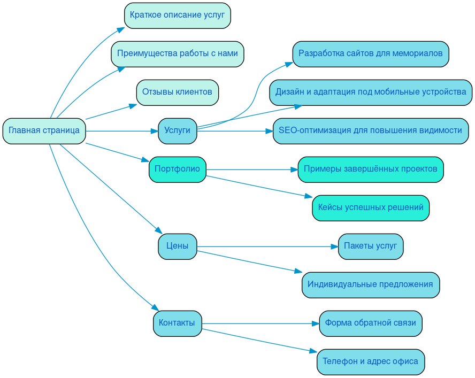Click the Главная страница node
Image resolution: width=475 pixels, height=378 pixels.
44,130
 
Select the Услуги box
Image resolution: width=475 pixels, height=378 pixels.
177,130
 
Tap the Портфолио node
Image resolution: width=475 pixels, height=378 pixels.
177,169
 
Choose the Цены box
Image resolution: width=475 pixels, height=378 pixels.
177,246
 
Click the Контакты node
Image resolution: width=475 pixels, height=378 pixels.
177,323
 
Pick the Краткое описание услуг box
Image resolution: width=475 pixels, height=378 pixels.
177,15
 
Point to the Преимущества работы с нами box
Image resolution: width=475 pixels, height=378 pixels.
177,53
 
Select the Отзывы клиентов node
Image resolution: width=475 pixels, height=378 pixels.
177,92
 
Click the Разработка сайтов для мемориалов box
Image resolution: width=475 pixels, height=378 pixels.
370,53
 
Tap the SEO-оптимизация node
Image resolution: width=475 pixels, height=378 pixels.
370,130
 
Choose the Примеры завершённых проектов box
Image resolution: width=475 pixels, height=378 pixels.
370,169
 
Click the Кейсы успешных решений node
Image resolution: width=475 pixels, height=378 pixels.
370,207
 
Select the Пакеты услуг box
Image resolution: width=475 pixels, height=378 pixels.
370,246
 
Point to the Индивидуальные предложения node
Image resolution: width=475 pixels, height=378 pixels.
370,284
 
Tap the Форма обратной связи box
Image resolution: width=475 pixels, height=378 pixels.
370,323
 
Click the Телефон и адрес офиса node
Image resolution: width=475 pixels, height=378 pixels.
370,361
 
